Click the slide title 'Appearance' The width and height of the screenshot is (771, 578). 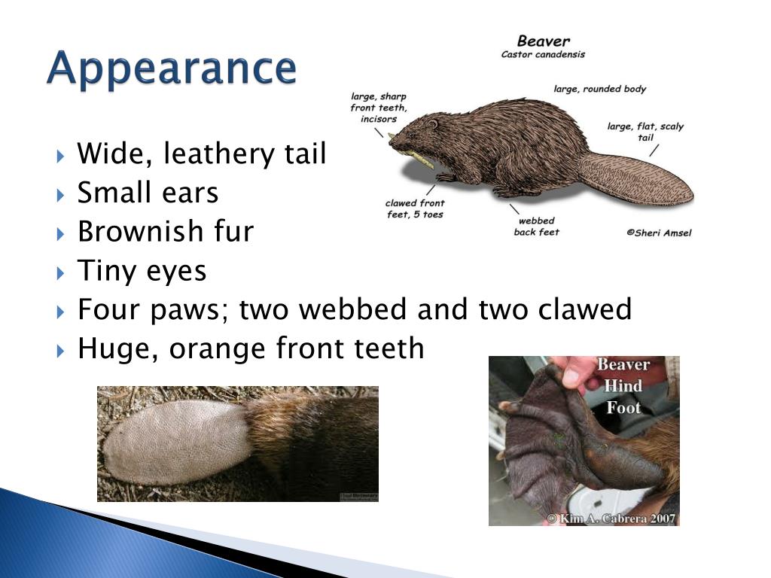click(x=172, y=69)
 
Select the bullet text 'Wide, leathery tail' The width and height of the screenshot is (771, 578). click(x=202, y=154)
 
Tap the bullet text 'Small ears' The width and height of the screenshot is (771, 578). click(x=148, y=193)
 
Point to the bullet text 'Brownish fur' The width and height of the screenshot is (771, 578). click(x=166, y=232)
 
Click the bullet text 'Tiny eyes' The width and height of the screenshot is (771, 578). click(x=142, y=271)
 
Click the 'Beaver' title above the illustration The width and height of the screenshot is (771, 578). click(x=543, y=41)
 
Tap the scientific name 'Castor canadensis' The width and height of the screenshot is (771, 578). click(x=543, y=54)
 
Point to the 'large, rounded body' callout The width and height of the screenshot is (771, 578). click(x=599, y=89)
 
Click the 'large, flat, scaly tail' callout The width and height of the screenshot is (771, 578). click(x=645, y=132)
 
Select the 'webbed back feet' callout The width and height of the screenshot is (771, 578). click(x=535, y=227)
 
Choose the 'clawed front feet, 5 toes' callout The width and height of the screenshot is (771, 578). click(x=415, y=208)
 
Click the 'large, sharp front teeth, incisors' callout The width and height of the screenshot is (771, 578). click(x=378, y=108)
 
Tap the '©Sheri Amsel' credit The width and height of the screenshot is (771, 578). click(x=658, y=233)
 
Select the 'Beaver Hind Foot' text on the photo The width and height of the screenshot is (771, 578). click(x=623, y=386)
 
